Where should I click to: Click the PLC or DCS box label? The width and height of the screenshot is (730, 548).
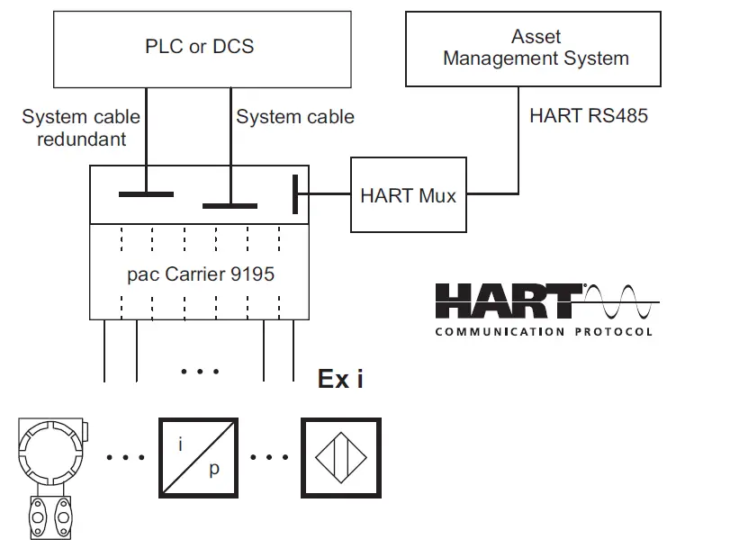[199, 46]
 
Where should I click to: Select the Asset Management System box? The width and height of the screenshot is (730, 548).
[536, 48]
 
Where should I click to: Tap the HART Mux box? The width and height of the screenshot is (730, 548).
[408, 194]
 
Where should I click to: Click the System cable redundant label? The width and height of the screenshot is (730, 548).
[81, 128]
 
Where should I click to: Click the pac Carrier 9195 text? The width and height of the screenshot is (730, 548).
[200, 274]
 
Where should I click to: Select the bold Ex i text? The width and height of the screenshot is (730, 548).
[341, 379]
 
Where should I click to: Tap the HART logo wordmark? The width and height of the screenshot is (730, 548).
[509, 302]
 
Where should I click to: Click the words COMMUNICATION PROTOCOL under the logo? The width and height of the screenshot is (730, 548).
[544, 331]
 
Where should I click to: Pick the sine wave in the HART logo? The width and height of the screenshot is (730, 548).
[621, 302]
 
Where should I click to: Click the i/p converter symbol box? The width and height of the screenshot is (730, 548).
[198, 458]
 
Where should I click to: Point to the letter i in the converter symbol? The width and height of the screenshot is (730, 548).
[183, 444]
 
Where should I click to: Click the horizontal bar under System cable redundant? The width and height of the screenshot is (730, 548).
[147, 193]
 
